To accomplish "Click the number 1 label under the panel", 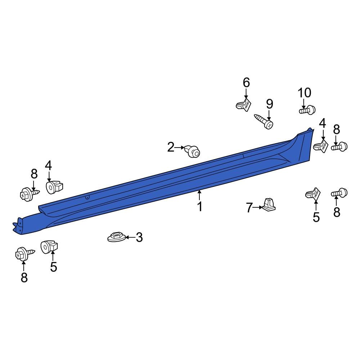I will pos(199,207).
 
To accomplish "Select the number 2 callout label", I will pos(171,147).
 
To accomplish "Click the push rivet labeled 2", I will pos(192,152).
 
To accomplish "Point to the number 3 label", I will pos(139,237).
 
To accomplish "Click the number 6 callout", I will pos(246,82).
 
